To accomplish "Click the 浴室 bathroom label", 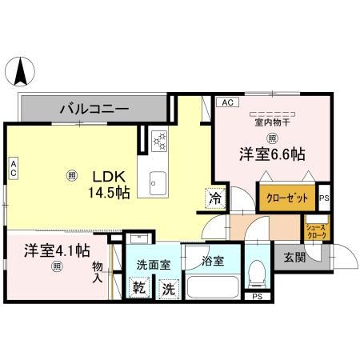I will point(213,260).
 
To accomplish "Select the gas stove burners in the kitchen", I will point(158,141).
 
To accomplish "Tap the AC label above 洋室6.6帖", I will point(226,102).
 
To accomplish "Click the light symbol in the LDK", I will point(73,176).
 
